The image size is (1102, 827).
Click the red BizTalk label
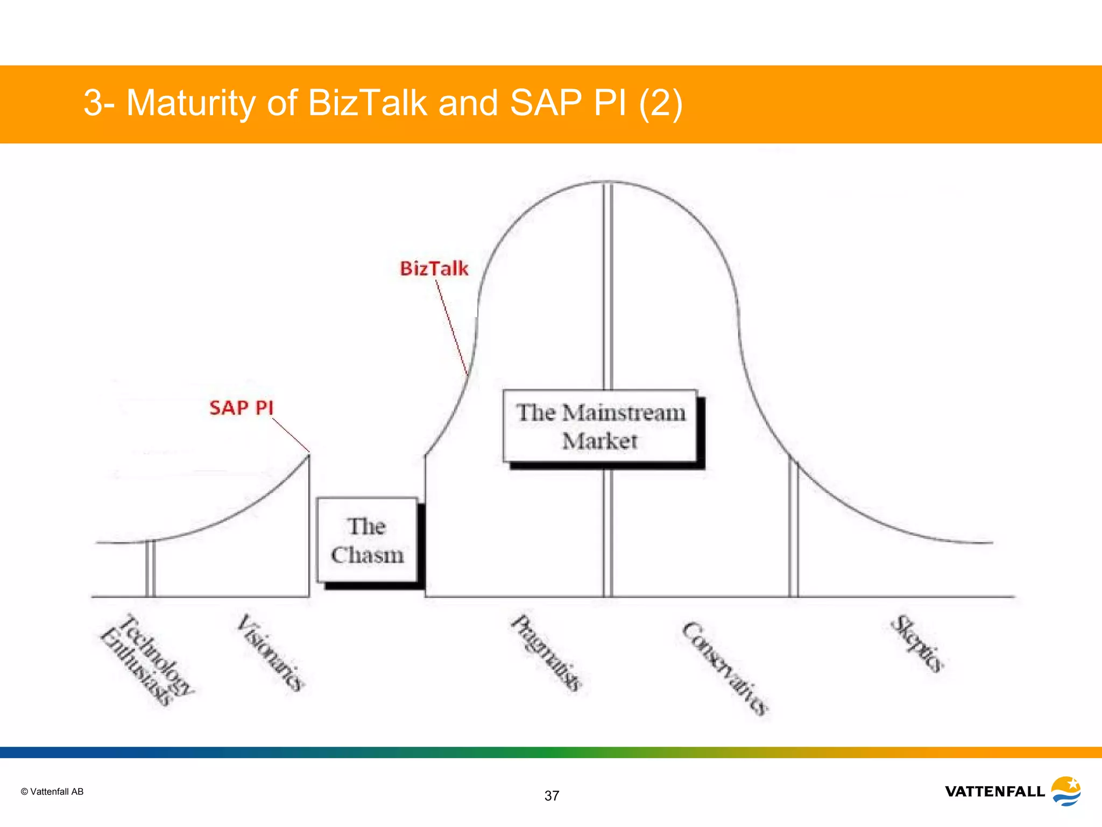click(434, 268)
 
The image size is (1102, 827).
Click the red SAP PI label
click(241, 408)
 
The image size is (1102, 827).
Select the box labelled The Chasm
click(367, 540)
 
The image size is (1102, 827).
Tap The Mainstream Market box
click(600, 426)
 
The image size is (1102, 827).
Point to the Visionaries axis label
click(271, 653)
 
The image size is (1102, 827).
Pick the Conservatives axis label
click(725, 668)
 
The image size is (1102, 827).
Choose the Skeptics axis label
click(917, 643)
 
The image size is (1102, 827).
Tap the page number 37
click(552, 796)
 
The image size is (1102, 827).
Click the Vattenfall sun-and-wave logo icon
click(1066, 790)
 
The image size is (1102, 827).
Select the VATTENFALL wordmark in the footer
click(994, 791)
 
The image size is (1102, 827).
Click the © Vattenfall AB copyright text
click(52, 791)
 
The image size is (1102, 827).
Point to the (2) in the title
click(660, 102)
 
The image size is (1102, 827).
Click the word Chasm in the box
click(367, 555)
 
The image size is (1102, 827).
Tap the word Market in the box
click(599, 441)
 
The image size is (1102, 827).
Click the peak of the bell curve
click(608, 182)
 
